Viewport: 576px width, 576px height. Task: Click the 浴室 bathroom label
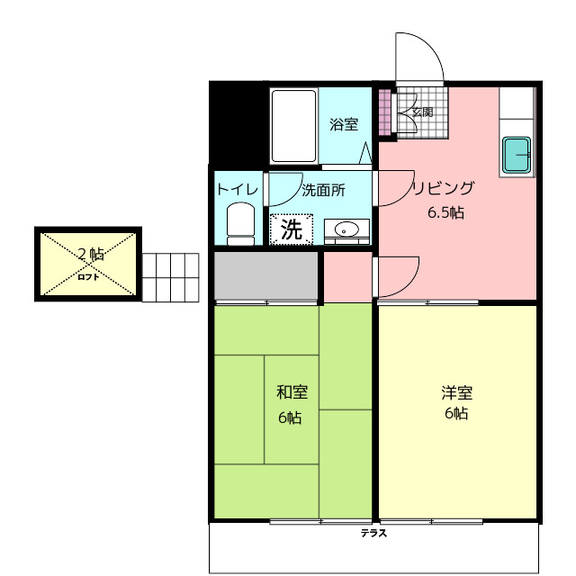[344, 125]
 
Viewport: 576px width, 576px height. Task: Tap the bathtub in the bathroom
[293, 125]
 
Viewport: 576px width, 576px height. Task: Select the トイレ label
[237, 189]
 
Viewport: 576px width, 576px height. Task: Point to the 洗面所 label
[323, 190]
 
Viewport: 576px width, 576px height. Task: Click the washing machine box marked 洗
[292, 229]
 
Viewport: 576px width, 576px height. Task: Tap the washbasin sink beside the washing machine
[346, 230]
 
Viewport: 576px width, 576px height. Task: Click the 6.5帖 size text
[445, 213]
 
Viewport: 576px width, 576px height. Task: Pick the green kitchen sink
[517, 157]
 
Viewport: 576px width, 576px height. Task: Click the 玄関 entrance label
[423, 112]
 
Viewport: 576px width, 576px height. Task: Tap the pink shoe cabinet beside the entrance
[385, 112]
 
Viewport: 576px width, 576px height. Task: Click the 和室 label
[291, 392]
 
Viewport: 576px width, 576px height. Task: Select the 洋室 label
[456, 392]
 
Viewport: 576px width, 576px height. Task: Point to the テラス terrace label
[373, 533]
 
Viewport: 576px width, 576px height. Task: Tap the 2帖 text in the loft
[89, 254]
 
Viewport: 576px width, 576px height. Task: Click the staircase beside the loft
[170, 277]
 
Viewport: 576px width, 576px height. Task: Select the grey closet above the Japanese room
[266, 276]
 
